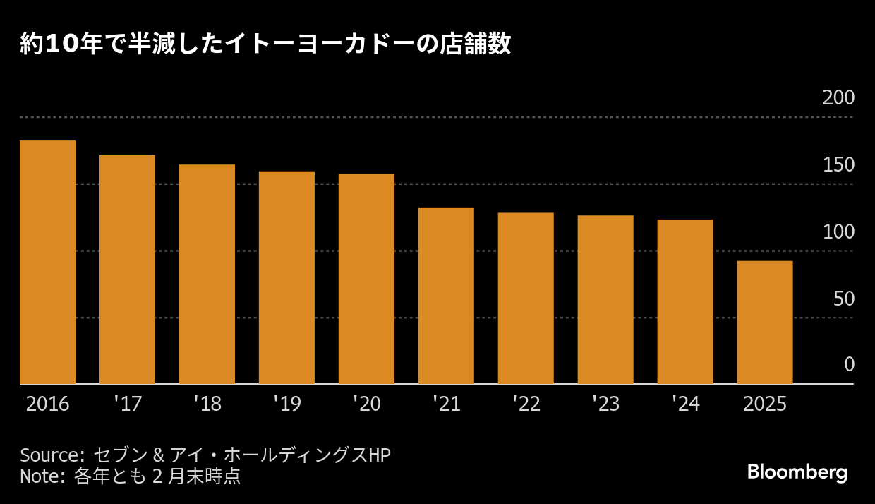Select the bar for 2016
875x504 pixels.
click(47, 262)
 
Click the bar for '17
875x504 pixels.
click(127, 269)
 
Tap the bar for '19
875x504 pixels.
click(286, 277)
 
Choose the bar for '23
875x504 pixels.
click(605, 299)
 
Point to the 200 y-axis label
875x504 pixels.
click(838, 97)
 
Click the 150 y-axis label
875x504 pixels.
click(838, 164)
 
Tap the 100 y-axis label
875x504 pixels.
click(838, 232)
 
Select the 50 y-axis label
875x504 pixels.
click(843, 299)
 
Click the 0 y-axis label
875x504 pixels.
click(849, 365)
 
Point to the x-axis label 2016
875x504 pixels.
click(47, 404)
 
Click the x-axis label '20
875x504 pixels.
click(366, 404)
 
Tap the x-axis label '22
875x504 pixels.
click(526, 404)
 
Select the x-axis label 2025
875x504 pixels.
click(765, 404)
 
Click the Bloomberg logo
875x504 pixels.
click(797, 472)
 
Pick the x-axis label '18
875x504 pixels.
click(207, 404)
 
